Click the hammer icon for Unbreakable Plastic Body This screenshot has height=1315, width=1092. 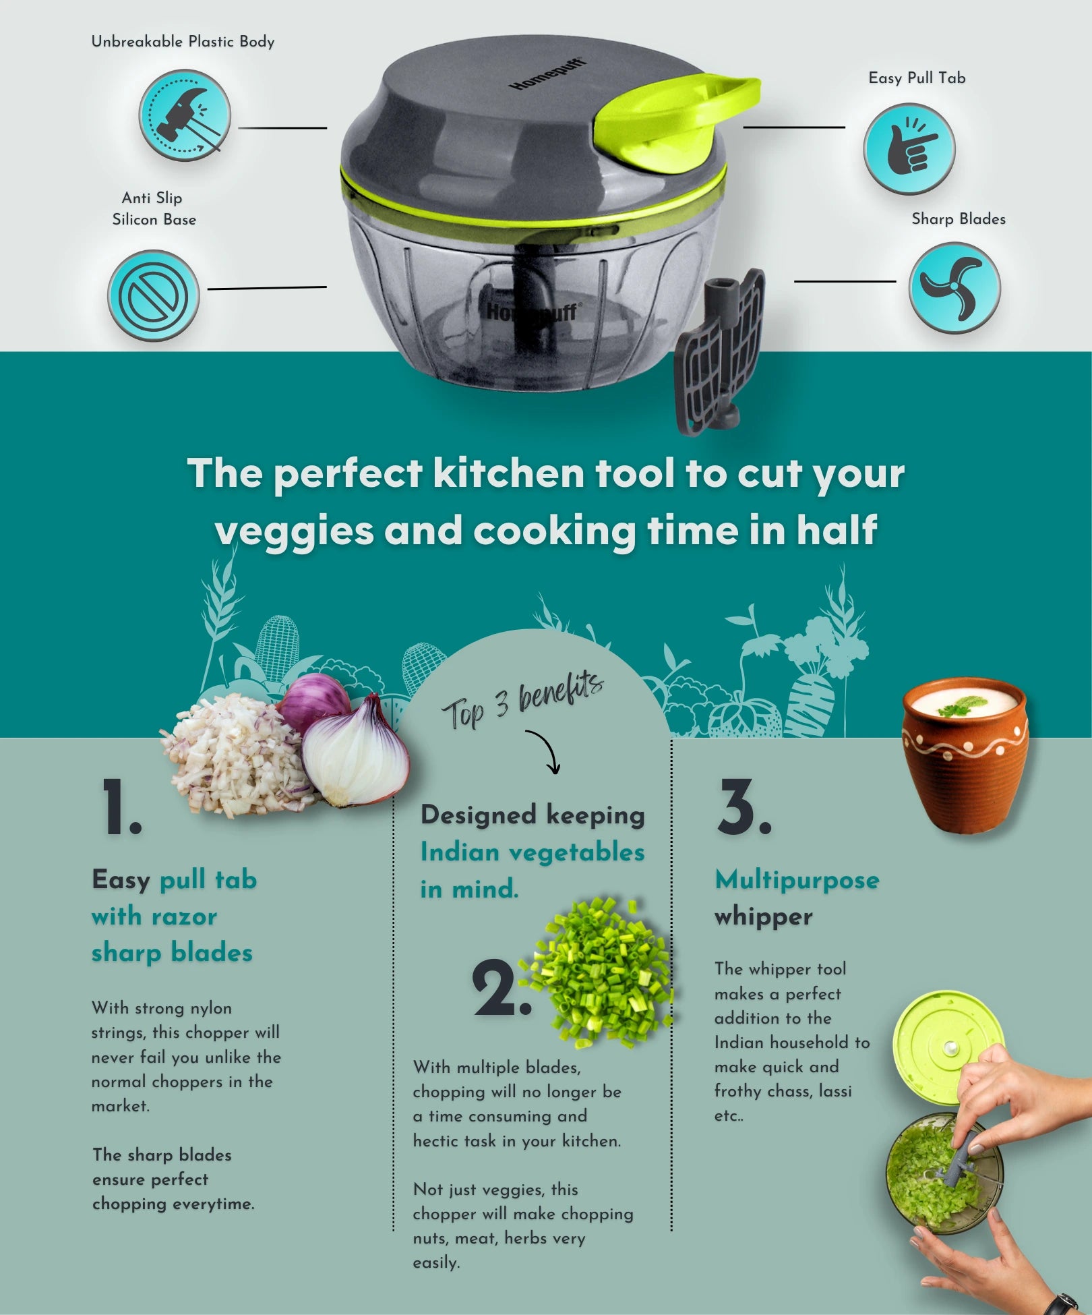[185, 115]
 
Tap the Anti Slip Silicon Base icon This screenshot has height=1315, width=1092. [154, 295]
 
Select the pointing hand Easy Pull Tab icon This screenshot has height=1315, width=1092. [909, 149]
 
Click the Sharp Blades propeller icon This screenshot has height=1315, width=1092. [954, 288]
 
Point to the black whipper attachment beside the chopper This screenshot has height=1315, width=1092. [720, 351]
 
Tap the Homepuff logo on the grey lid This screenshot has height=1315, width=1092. [547, 74]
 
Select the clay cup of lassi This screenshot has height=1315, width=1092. [965, 755]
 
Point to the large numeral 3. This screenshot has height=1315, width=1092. [744, 807]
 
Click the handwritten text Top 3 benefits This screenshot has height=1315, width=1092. [522, 701]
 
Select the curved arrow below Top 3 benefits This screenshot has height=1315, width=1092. [545, 751]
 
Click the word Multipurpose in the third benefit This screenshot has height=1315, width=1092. [797, 881]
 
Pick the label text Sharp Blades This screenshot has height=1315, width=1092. [959, 219]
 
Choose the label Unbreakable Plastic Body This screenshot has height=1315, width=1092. [183, 42]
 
